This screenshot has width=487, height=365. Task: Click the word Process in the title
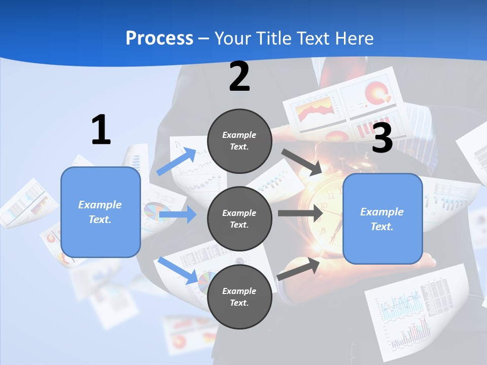click(159, 38)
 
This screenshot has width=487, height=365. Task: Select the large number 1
click(101, 130)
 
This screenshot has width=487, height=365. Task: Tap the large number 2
click(239, 77)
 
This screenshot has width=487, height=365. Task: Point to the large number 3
click(382, 138)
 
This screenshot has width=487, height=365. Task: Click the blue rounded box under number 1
click(100, 212)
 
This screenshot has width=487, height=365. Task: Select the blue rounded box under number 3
click(382, 219)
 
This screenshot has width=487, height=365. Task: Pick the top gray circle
click(239, 141)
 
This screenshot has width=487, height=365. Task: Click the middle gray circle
click(239, 218)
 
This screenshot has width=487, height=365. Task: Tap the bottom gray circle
click(239, 297)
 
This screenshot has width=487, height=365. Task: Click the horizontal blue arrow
click(178, 214)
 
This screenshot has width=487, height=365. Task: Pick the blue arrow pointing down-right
click(178, 270)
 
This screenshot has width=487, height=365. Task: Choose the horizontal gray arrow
click(300, 213)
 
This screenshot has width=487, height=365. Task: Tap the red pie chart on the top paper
click(377, 93)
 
